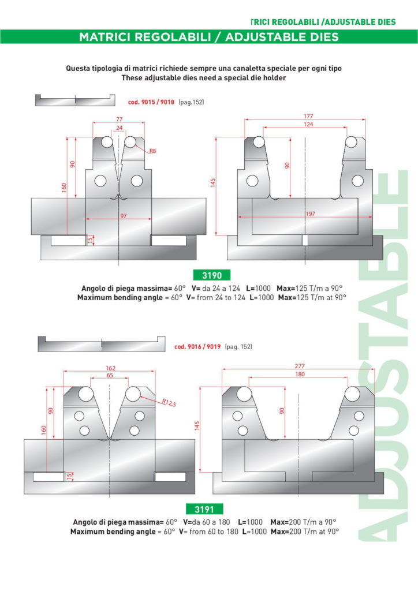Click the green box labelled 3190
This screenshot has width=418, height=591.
208,275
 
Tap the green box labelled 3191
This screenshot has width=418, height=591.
208,508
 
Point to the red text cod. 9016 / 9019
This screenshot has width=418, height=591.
197,347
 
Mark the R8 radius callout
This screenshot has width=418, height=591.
152,151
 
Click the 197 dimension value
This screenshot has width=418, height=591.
311,214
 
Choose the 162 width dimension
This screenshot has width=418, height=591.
110,367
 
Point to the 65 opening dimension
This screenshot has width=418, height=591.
110,375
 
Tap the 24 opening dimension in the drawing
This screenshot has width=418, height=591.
118,128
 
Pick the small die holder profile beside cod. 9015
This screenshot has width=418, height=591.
74,100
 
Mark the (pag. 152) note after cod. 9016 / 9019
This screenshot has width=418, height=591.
238,347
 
